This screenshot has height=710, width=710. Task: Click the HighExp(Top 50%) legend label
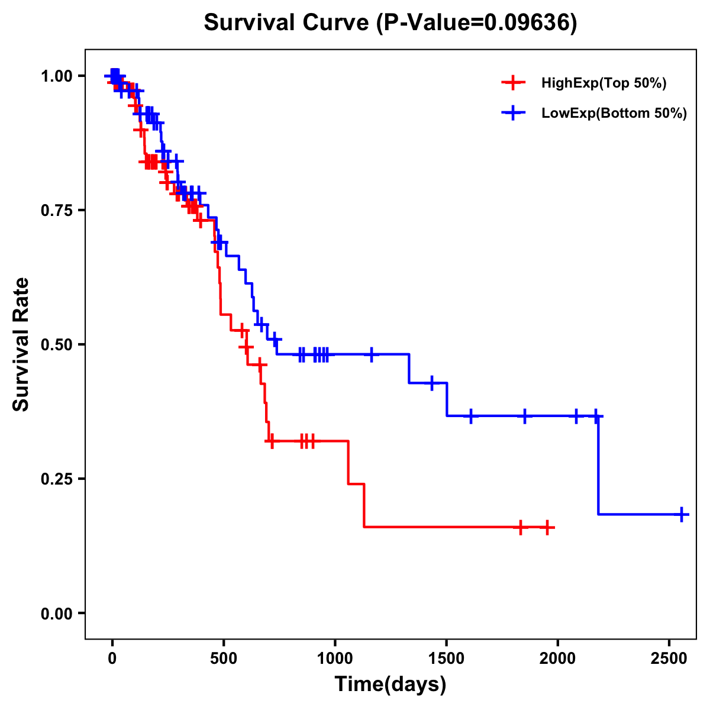[604, 83]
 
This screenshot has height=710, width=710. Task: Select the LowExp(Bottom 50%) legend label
[614, 114]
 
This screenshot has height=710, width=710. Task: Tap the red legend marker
[513, 83]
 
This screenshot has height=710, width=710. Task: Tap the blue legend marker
[513, 113]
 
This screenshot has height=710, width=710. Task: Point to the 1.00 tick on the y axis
[56, 76]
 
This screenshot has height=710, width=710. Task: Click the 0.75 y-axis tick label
[56, 211]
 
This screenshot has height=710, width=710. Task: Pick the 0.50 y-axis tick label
[56, 344]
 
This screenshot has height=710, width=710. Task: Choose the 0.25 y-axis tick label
[56, 479]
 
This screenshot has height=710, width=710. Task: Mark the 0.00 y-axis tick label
[56, 614]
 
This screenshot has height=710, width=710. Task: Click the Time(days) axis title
[390, 685]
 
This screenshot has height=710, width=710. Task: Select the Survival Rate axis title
[21, 344]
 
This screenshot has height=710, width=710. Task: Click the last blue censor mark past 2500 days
[682, 514]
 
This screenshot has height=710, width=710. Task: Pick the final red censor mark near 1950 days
[547, 527]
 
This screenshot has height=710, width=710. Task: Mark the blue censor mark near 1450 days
[432, 383]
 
